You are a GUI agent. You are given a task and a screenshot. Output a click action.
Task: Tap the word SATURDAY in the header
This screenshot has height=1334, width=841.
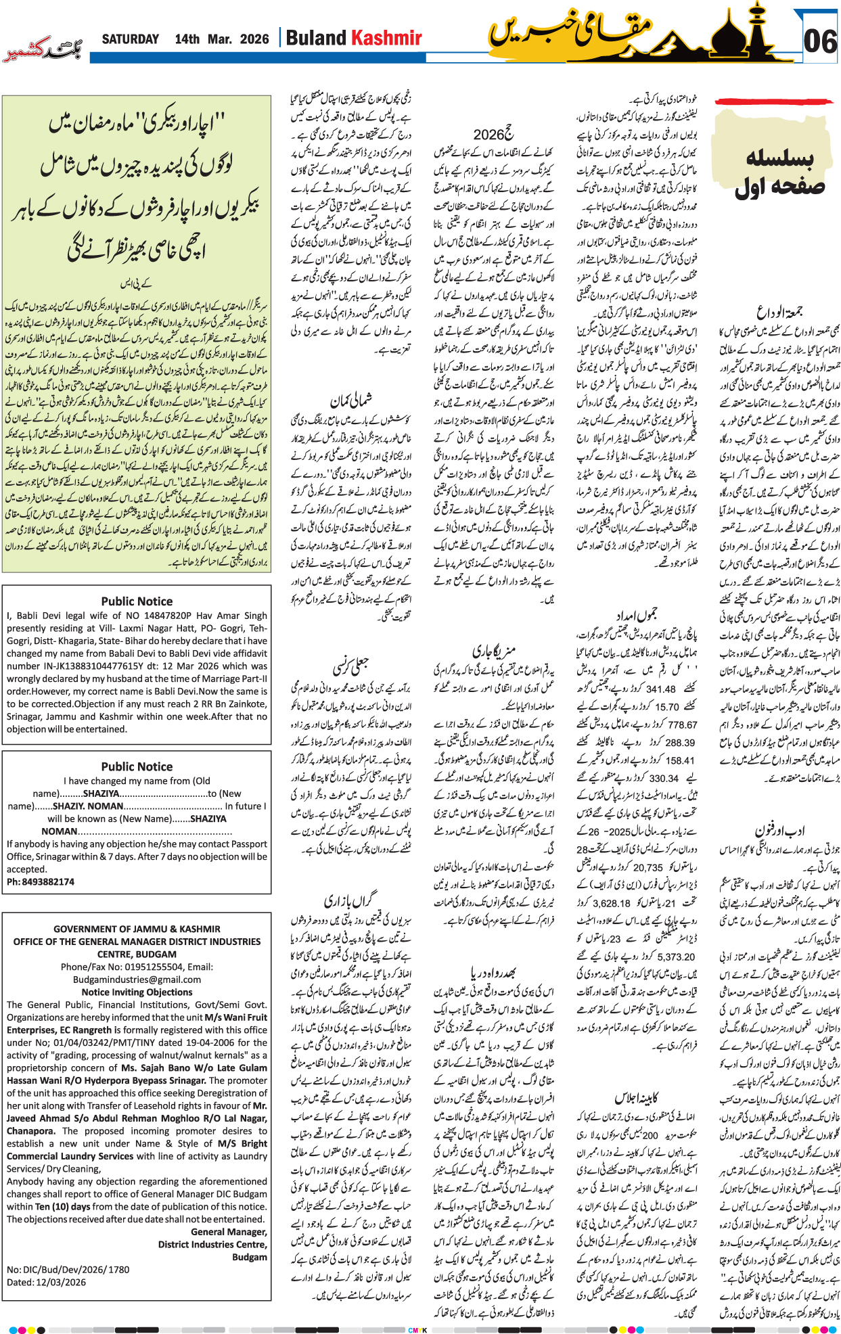[x=130, y=39]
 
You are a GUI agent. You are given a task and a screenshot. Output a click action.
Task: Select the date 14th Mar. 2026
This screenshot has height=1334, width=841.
[x=221, y=39]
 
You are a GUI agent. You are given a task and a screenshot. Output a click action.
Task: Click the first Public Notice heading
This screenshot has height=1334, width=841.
[x=137, y=601]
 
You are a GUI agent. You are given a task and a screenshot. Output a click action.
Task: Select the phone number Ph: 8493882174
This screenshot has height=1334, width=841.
[x=41, y=881]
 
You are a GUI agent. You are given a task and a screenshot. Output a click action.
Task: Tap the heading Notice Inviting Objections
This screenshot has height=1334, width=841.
[x=137, y=992]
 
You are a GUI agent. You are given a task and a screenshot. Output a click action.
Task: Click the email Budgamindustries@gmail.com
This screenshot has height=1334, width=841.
[x=137, y=980]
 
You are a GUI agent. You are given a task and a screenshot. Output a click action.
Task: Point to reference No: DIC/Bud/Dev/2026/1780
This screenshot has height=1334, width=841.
[x=68, y=1269]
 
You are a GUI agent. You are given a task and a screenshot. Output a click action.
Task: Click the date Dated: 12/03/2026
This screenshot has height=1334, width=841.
[x=46, y=1282]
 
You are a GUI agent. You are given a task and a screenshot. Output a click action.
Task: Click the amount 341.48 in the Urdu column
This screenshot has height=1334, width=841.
[x=661, y=689]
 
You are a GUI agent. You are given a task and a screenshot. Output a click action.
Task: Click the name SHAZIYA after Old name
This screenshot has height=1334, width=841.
[x=101, y=793]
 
